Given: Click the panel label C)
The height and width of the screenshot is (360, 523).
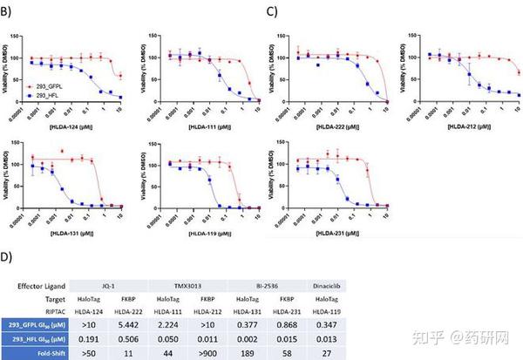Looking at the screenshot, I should pos(273,10).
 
